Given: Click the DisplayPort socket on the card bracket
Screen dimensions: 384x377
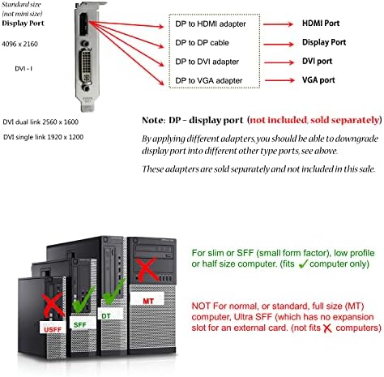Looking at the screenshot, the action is (x=83, y=25).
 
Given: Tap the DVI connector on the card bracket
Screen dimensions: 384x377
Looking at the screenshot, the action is (x=85, y=66).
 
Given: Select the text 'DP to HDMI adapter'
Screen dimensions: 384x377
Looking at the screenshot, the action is (x=211, y=24).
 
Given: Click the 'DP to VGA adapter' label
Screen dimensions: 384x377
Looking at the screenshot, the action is (x=209, y=80).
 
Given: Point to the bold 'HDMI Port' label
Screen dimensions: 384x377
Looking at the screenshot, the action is (x=321, y=24).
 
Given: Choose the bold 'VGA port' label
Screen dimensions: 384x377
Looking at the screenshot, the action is (x=318, y=80).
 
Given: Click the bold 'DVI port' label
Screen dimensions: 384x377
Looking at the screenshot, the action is (x=317, y=61).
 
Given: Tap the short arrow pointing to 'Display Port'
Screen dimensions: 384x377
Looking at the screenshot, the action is (x=279, y=44).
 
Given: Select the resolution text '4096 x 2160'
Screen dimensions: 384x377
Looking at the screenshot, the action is (x=19, y=44).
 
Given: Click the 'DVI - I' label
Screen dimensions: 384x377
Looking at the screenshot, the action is (x=23, y=69).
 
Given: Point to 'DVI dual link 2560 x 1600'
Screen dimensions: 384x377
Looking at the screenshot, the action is (x=41, y=122).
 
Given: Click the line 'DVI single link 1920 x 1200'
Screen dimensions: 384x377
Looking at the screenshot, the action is (x=43, y=137).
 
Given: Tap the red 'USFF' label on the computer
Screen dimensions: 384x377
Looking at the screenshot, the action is (x=53, y=330).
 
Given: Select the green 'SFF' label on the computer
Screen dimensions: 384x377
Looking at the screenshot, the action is (x=80, y=324).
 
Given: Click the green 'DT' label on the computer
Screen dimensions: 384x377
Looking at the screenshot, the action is (x=106, y=316).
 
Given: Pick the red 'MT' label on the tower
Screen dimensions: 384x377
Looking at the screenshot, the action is (x=148, y=301).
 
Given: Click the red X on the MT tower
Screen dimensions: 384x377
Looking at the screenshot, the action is (x=147, y=269).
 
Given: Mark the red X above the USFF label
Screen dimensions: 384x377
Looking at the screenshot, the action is (x=53, y=305).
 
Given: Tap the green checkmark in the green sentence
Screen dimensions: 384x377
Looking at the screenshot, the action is (x=303, y=263).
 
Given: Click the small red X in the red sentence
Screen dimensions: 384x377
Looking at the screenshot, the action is (x=327, y=328).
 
